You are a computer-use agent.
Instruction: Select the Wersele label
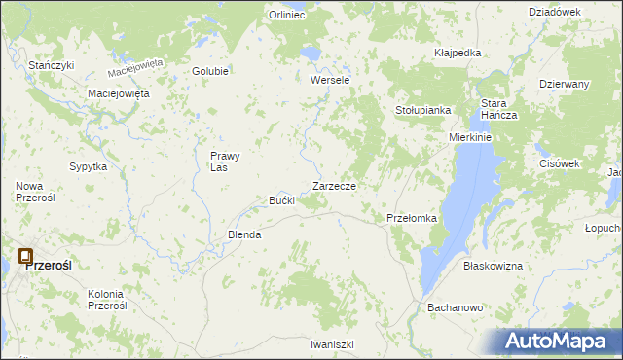point(329,80)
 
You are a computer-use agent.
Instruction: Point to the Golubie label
point(210,71)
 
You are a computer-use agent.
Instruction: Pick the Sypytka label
point(88,166)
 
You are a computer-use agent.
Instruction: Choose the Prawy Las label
point(225,161)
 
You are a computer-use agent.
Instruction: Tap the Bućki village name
point(282,200)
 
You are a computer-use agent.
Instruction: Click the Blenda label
point(244,234)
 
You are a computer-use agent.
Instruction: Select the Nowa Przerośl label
point(35,191)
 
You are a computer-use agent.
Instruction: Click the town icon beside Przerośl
point(24,257)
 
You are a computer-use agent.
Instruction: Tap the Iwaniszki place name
point(332,344)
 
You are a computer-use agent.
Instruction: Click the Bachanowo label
point(456,307)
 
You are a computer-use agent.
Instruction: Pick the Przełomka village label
point(412,218)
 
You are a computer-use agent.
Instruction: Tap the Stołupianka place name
point(422,110)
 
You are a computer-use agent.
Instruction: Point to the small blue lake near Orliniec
point(310,51)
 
